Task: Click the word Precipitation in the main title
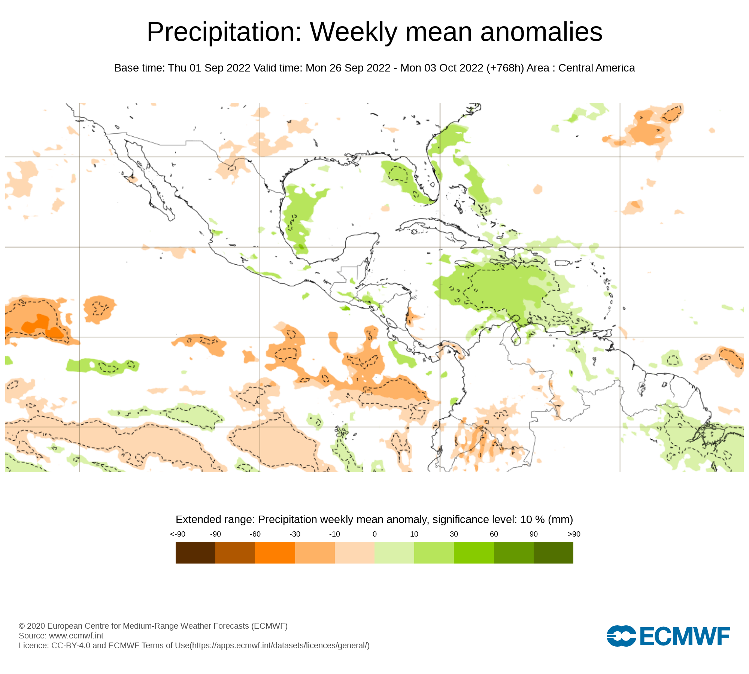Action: [224, 32]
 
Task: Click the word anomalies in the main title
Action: [541, 32]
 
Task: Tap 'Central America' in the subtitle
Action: [597, 68]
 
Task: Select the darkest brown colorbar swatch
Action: [195, 552]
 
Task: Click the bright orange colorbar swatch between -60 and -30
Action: [275, 552]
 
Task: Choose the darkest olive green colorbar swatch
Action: [553, 552]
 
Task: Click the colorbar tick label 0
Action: [374, 534]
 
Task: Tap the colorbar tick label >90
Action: [574, 534]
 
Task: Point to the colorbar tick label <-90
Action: [178, 534]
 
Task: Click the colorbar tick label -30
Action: [295, 534]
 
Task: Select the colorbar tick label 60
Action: [494, 534]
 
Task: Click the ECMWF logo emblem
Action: [621, 636]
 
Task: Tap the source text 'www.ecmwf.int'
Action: [76, 635]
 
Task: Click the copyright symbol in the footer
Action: [22, 626]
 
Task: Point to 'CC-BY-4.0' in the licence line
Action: [71, 645]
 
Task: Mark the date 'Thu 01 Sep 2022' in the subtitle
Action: [209, 68]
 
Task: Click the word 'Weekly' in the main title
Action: [353, 32]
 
